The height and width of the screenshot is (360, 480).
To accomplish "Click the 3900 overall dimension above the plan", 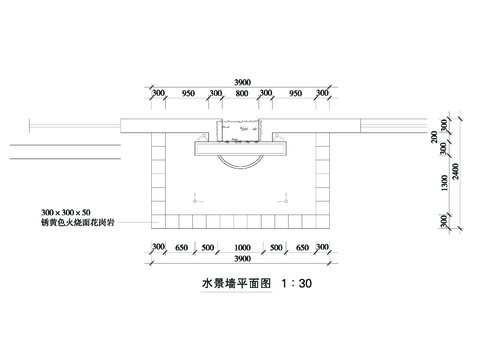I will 241,82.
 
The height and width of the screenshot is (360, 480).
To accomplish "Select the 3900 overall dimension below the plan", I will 241,260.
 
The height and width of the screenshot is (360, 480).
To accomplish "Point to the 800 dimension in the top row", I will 241,94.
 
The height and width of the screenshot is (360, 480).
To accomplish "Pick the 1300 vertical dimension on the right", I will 445,184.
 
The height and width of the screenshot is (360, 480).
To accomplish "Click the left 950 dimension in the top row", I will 188,94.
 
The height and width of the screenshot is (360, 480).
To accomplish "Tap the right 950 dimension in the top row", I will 294,94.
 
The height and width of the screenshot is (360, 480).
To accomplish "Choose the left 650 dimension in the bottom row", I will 181,246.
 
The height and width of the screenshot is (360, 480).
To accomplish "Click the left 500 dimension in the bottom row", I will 208,246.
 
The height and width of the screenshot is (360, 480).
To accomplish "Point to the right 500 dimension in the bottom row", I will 275,246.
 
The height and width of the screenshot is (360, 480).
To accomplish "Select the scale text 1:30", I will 298,284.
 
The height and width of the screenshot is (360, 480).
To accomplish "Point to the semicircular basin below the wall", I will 241,162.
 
